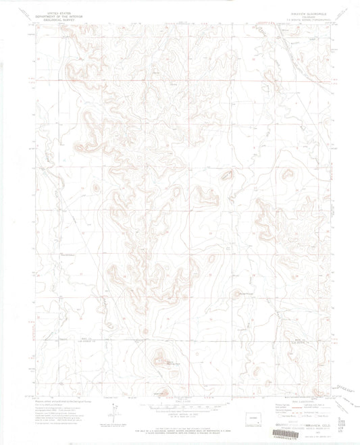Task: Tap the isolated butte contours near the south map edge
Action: click(x=161, y=357)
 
